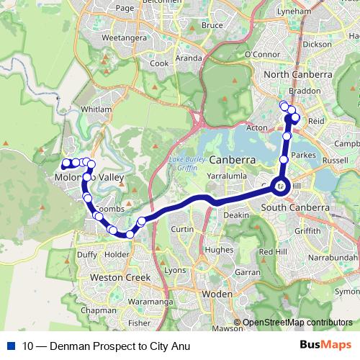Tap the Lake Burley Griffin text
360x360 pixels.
[x=186, y=162]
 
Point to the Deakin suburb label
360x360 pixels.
[x=236, y=215]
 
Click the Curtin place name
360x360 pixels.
[x=183, y=229]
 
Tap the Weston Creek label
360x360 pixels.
[x=120, y=276]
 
